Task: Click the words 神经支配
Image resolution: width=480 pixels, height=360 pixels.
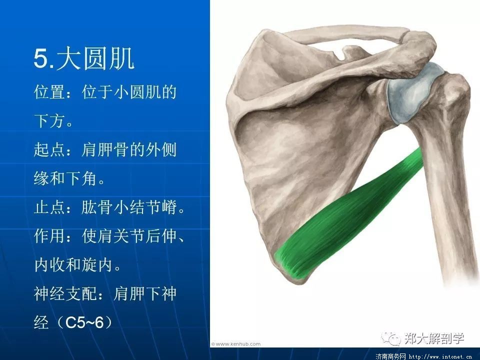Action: [x=65, y=293]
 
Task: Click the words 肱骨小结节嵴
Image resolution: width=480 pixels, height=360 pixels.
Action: [x=129, y=207]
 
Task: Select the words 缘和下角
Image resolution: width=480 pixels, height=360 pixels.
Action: [x=65, y=178]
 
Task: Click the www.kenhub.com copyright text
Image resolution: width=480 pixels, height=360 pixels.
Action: [x=235, y=344]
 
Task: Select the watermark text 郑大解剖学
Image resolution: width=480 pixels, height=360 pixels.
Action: [x=434, y=338]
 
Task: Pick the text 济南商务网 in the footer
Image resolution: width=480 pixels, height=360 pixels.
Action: [x=390, y=356]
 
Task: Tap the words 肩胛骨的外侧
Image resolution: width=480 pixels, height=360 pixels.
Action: [x=129, y=149]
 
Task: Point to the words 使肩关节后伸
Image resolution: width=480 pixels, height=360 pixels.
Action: [x=129, y=236]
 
